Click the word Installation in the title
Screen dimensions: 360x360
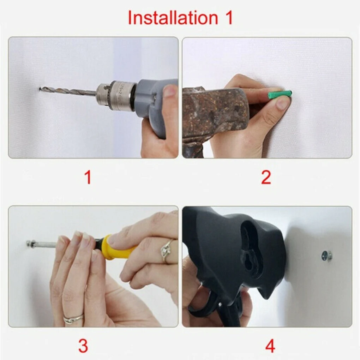point(173,18)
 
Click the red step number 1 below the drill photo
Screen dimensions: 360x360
point(88,178)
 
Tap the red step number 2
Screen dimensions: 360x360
point(266,178)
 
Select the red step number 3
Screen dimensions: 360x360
point(83,346)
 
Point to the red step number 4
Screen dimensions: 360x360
point(270,346)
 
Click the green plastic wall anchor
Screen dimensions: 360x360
point(280,94)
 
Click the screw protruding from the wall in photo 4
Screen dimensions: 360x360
point(326,256)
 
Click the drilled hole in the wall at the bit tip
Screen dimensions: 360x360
point(41,89)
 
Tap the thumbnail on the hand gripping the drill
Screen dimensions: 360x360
point(170,91)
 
